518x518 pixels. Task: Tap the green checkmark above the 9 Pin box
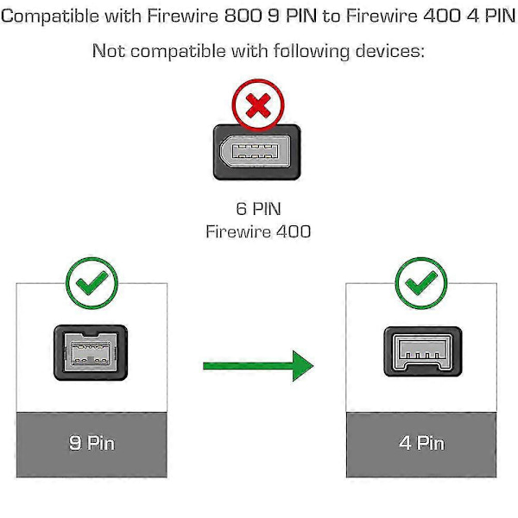[x=92, y=281]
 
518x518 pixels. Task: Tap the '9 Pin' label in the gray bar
[x=92, y=444]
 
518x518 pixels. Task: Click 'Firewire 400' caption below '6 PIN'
[x=257, y=231]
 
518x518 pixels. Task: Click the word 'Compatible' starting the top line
[x=47, y=16]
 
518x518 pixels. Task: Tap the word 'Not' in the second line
[x=109, y=51]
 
